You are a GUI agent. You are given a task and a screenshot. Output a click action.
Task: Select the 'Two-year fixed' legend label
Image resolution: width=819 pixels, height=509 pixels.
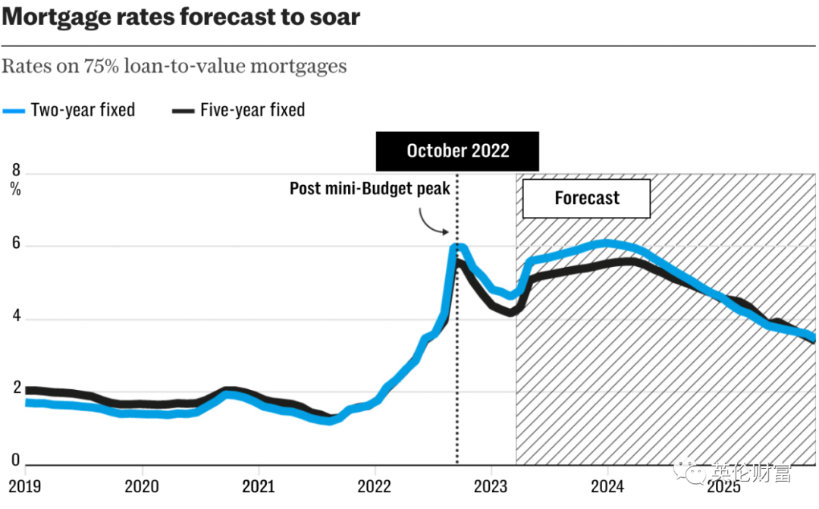83,110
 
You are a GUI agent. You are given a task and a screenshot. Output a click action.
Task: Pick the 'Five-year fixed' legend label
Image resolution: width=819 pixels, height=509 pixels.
253,110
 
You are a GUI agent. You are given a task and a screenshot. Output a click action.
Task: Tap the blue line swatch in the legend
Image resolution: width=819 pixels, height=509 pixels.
14,111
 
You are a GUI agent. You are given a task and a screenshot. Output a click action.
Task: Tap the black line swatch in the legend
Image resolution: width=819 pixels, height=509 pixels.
184,111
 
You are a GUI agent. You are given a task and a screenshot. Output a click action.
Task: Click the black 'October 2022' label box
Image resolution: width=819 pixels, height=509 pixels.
457,150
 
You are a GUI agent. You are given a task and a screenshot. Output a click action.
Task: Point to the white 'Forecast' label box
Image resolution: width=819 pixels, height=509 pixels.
587,199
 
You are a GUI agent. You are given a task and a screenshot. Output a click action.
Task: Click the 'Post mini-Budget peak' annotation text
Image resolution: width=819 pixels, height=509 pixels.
370,188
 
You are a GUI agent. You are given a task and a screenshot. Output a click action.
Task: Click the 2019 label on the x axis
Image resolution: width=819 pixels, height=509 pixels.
25,485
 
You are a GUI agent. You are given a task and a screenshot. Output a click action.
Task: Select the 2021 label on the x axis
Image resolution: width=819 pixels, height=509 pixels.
258,485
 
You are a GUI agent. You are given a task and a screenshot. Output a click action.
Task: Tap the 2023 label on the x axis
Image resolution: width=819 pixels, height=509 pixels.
491,485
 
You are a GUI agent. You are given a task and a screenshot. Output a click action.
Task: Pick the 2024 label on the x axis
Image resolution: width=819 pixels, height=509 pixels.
607,485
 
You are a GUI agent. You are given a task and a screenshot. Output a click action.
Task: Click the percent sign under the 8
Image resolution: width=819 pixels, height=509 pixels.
16,190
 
